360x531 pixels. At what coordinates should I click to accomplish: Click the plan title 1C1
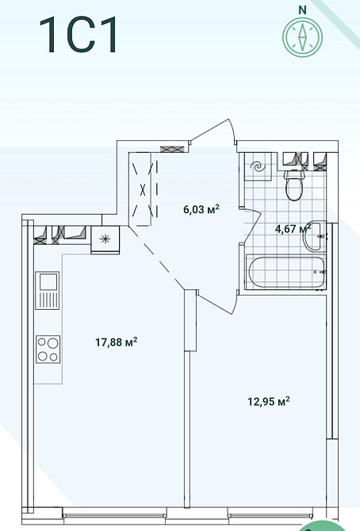point(79,35)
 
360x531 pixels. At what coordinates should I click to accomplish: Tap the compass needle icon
point(302,36)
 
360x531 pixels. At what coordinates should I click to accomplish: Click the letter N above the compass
point(302,10)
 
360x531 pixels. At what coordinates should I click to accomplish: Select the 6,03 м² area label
point(201,209)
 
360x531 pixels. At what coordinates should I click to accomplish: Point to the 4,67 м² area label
point(293,228)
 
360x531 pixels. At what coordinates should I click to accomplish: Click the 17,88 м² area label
point(117,342)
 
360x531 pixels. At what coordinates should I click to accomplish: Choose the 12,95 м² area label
point(269,402)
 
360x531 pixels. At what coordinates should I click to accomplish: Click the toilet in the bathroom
point(294,185)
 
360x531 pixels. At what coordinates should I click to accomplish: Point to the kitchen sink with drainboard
point(48,290)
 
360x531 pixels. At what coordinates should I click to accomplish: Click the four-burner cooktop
point(48,350)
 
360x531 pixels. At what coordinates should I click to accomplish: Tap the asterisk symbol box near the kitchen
point(105,239)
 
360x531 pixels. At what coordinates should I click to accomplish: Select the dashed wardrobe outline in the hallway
point(144,189)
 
